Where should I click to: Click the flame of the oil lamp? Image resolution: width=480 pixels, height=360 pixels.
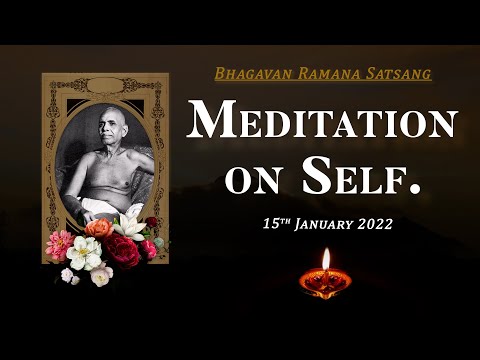pyautogui.click(x=326, y=260)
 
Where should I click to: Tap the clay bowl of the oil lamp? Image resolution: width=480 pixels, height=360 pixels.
pyautogui.click(x=326, y=282)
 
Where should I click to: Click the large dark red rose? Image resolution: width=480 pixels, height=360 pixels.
pyautogui.click(x=125, y=251)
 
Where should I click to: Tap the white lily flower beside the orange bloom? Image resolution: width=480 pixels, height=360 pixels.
pyautogui.click(x=128, y=226)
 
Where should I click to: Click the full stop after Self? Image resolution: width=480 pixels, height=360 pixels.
pyautogui.click(x=416, y=189)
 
